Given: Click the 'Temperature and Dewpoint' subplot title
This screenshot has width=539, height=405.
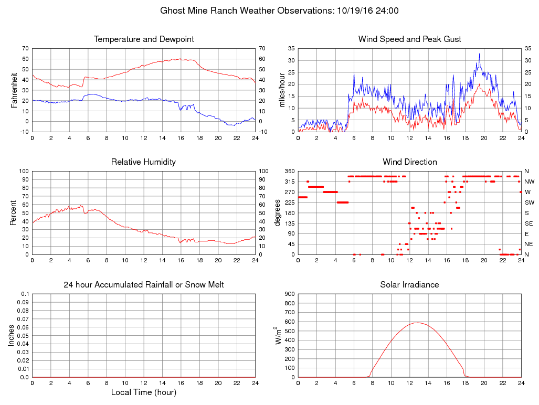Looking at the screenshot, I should (x=144, y=39).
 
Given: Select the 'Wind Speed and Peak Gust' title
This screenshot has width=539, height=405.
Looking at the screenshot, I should (x=409, y=39).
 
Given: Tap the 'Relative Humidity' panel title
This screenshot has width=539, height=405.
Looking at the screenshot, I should (x=144, y=162).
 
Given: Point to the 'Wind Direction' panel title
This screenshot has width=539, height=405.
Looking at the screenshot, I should (x=409, y=162).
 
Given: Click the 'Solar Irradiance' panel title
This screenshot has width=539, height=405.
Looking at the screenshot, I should (x=409, y=285).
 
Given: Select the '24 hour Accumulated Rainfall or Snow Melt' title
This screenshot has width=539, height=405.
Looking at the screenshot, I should (x=144, y=285).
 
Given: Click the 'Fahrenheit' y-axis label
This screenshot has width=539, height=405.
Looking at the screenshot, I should (x=15, y=90).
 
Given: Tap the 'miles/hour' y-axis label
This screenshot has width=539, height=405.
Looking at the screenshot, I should (x=282, y=90).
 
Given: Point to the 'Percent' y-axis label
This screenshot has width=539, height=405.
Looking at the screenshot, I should (x=15, y=212).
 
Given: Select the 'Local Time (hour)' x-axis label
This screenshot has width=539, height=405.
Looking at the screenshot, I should (x=144, y=392).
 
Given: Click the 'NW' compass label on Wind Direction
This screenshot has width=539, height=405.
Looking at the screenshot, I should (x=529, y=182).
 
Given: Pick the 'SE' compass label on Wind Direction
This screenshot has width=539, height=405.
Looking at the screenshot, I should (x=529, y=223).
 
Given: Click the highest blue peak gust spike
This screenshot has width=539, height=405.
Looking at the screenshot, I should (x=479, y=54).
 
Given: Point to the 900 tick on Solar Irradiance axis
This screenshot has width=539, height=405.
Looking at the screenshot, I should (x=288, y=294).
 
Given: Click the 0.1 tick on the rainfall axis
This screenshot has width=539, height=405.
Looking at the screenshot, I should (x=24, y=294).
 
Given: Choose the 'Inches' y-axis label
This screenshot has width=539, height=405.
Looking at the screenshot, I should (x=12, y=335).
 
